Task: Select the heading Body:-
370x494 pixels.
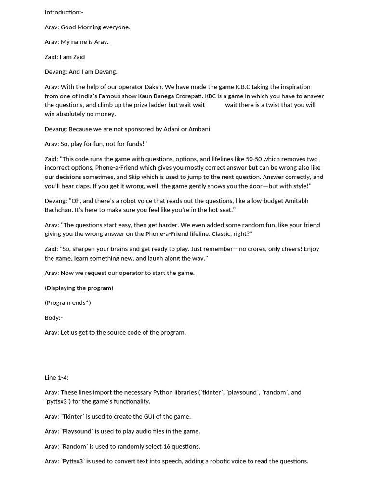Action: coord(53,318)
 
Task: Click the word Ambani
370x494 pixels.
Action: coord(199,129)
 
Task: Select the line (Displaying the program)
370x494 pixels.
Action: coord(79,288)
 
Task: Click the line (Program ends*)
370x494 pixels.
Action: coord(67,303)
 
